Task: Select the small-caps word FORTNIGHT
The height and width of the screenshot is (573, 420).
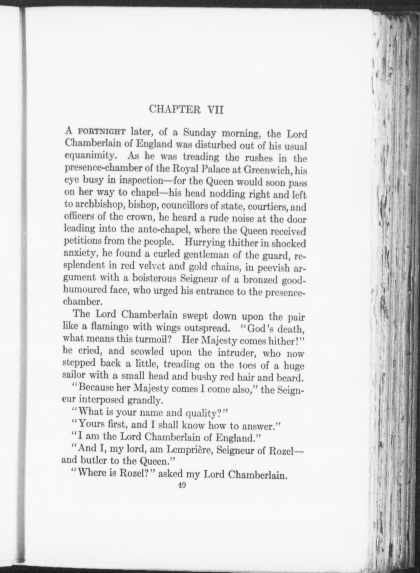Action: coord(102,133)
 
